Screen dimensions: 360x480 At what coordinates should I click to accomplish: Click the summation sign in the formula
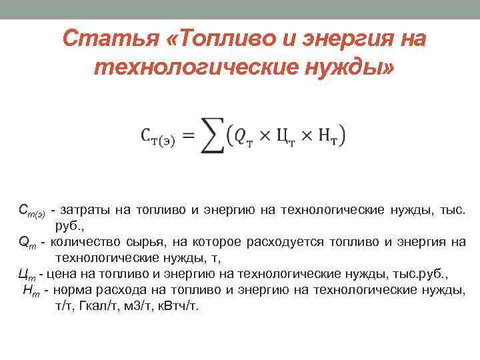(x=212, y=137)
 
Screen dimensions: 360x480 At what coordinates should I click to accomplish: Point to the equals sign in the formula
(x=188, y=136)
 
